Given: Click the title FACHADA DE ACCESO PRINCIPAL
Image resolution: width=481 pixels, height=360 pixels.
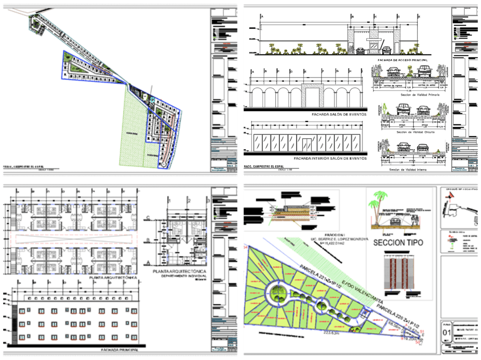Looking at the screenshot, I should point(402,60).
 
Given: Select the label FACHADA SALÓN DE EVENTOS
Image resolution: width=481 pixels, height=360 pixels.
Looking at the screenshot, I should point(338,114).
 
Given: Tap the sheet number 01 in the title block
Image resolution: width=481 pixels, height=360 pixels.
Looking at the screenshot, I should point(447,333).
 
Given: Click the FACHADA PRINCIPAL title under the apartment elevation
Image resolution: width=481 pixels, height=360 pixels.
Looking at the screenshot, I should point(119,350).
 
